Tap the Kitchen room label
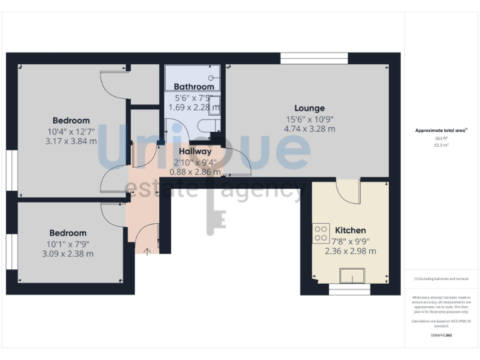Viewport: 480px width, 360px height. tap(350, 231)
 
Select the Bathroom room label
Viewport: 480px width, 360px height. tap(194, 87)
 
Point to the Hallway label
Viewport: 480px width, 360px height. tap(195, 151)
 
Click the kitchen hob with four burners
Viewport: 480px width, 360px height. tap(321, 234)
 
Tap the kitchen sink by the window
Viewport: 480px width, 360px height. tap(352, 275)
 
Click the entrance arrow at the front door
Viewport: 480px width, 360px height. tap(147, 252)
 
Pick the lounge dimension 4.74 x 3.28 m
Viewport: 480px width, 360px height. tap(309, 129)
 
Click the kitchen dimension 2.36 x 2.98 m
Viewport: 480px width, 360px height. tap(350, 251)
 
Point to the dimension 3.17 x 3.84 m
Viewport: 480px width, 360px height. tap(71, 141)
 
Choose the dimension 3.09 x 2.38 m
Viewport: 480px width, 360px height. tap(67, 254)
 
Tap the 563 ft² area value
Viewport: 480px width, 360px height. tap(441, 138)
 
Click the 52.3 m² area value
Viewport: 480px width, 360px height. tap(441, 144)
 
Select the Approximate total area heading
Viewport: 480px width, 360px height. tap(441, 131)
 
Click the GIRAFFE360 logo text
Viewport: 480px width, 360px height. tap(441, 336)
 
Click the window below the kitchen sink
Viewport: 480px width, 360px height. tap(350, 290)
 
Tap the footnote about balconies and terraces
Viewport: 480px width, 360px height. tap(441, 279)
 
